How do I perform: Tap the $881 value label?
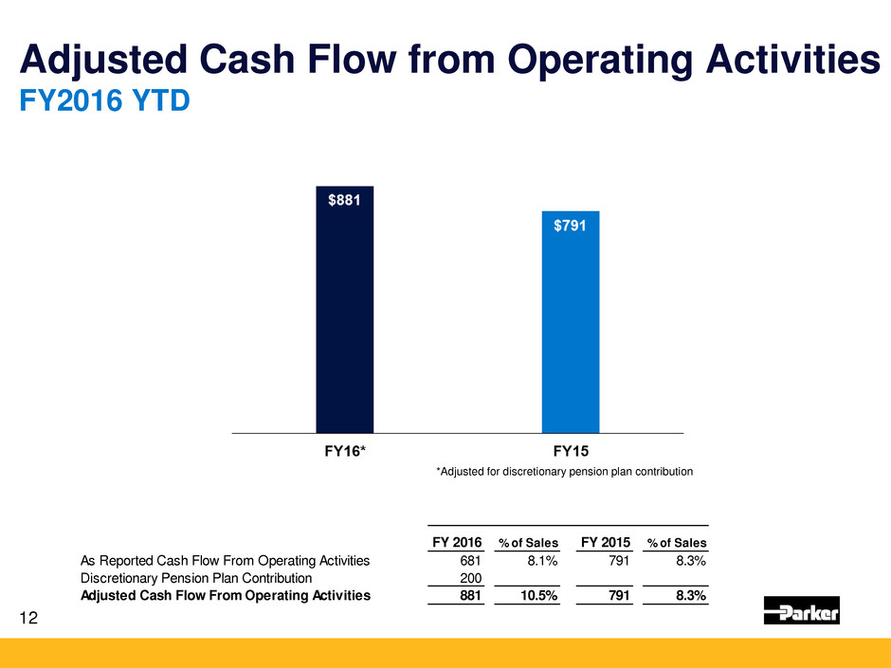click(x=344, y=201)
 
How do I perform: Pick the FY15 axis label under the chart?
click(x=571, y=451)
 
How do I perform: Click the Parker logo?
click(x=801, y=611)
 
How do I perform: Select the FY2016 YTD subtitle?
click(x=105, y=101)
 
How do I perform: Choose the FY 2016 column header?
click(x=456, y=542)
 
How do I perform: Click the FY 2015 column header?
click(x=605, y=542)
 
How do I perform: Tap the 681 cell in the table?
click(x=470, y=560)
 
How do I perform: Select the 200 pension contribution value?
click(x=470, y=578)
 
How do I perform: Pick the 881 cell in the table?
click(x=470, y=596)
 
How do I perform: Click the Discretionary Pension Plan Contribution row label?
click(x=196, y=578)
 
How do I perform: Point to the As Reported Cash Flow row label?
click(x=226, y=560)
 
